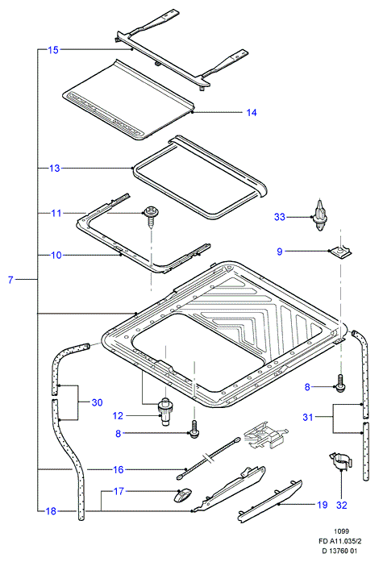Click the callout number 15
point(53,50)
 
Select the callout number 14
point(252,113)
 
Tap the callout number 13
point(55,168)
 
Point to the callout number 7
point(10,280)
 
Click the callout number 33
point(280,217)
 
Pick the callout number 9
point(280,252)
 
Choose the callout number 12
point(118,416)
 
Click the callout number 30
point(97,402)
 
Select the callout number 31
point(308,417)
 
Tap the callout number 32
point(342,505)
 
